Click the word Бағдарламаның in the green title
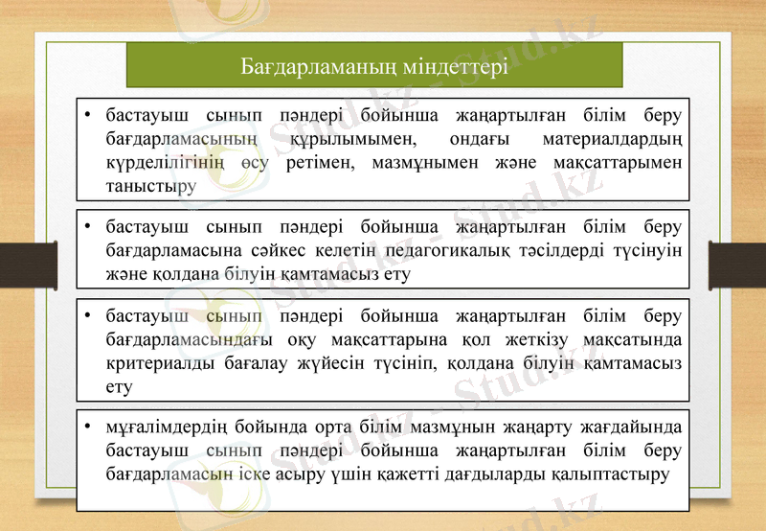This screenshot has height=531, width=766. point(309,68)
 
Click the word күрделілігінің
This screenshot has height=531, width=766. point(166,162)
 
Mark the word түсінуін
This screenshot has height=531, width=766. point(646,251)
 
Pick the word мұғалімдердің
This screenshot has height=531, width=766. point(164,428)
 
